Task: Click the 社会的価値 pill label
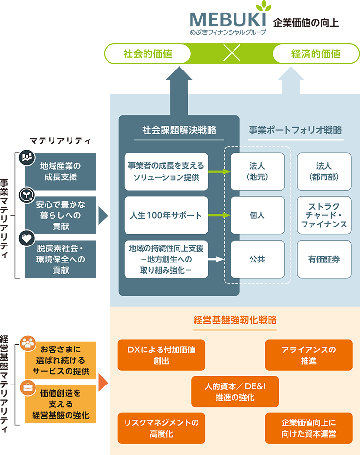(x=148, y=54)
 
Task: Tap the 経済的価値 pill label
(x=316, y=54)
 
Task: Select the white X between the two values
(x=232, y=54)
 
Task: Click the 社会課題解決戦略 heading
(x=179, y=130)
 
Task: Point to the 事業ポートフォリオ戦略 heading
(x=295, y=130)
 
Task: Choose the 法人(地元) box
(x=257, y=172)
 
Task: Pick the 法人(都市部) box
(x=324, y=172)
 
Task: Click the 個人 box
(x=257, y=215)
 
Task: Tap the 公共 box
(x=257, y=259)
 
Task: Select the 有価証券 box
(x=324, y=259)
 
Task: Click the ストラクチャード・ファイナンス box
(x=324, y=215)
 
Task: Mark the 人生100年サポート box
(x=166, y=215)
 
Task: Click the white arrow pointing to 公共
(x=217, y=259)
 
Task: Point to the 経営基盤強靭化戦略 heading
(x=235, y=320)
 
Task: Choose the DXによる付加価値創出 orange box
(x=161, y=355)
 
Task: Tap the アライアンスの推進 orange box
(x=308, y=355)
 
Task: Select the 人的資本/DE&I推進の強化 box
(x=235, y=391)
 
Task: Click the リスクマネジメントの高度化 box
(x=161, y=428)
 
